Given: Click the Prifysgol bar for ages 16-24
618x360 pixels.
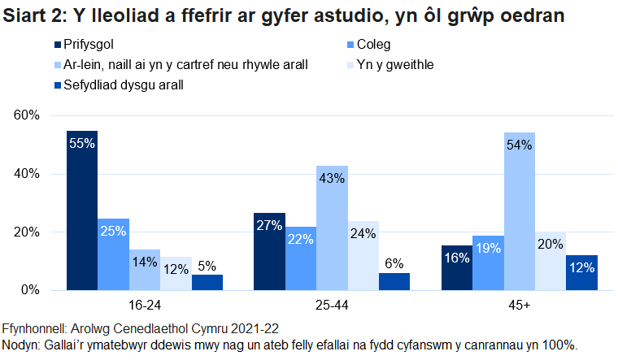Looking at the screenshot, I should [81, 210].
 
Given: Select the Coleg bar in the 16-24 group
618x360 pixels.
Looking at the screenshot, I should [113, 254].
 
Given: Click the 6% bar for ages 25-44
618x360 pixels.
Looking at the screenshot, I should [394, 281].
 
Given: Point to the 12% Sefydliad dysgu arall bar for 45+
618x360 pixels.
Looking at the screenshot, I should [581, 272].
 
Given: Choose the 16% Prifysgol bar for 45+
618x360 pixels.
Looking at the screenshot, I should [456, 267].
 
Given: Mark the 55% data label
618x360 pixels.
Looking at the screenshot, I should [82, 143].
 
